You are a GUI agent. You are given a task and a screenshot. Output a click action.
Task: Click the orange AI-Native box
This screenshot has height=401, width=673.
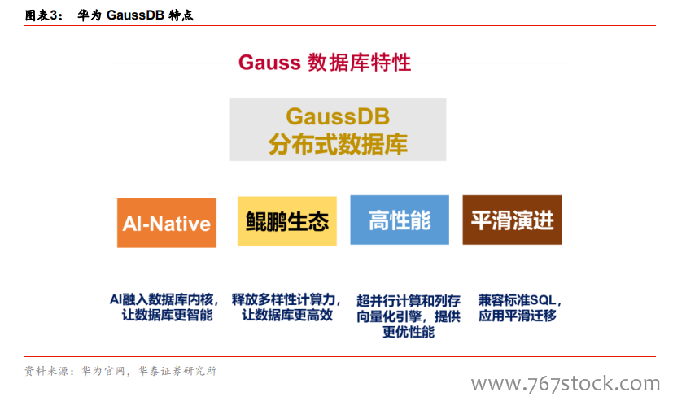pyautogui.click(x=167, y=223)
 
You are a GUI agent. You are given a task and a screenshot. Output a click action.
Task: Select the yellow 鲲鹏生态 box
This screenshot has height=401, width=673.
pyautogui.click(x=287, y=221)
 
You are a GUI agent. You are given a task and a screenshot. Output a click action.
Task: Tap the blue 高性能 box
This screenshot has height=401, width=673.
pyautogui.click(x=400, y=220)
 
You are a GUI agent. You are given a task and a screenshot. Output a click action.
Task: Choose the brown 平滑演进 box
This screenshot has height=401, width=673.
pyautogui.click(x=512, y=220)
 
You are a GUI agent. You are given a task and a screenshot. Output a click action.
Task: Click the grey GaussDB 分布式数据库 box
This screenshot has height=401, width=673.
pyautogui.click(x=338, y=130)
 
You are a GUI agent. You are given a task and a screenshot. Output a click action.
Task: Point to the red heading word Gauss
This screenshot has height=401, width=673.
pyautogui.click(x=269, y=63)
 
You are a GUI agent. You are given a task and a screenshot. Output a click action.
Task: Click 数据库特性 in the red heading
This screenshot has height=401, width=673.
pyautogui.click(x=359, y=63)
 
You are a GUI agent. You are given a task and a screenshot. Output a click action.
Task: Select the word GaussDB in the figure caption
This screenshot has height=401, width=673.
pyautogui.click(x=135, y=15)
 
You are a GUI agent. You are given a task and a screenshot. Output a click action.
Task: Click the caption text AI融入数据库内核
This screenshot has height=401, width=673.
pyautogui.click(x=161, y=299)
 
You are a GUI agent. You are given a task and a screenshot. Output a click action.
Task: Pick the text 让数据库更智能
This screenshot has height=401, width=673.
pyautogui.click(x=168, y=316)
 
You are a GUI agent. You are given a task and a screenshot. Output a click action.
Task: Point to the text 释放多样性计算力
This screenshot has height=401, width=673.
pyautogui.click(x=283, y=299)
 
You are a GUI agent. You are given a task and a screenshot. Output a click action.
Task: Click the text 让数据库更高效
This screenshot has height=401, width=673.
pyautogui.click(x=287, y=316)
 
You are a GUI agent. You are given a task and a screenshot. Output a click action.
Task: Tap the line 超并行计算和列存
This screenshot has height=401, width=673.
pyautogui.click(x=409, y=301)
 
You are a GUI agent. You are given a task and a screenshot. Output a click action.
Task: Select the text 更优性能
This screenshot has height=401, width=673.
pyautogui.click(x=409, y=332)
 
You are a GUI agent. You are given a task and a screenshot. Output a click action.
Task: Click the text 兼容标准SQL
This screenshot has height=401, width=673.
pyautogui.click(x=518, y=300)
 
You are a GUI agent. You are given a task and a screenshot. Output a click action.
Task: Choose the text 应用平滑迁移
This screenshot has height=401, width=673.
pyautogui.click(x=518, y=316)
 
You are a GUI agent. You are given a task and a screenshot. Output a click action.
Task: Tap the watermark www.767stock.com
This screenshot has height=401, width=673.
pyautogui.click(x=566, y=383)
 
